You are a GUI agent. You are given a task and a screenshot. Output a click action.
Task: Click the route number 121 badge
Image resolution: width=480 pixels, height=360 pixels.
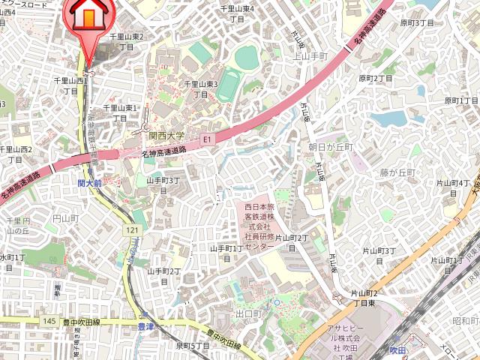point(133,229)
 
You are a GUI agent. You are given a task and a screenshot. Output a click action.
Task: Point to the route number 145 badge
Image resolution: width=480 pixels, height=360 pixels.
point(49,321)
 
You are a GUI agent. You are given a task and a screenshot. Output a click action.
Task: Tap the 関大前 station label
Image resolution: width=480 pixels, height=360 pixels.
point(89,182)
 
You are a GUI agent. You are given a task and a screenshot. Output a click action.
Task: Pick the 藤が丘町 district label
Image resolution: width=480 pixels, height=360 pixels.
point(397,172)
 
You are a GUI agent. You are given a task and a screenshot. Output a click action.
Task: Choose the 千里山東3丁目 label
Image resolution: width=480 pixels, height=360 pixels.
point(201,89)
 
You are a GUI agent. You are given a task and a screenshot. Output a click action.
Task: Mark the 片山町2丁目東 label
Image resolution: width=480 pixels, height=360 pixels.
point(364,298)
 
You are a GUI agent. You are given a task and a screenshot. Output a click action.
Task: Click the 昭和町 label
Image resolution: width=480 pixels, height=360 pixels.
point(465,321)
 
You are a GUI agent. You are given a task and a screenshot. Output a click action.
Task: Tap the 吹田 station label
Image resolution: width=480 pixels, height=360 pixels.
point(397,349)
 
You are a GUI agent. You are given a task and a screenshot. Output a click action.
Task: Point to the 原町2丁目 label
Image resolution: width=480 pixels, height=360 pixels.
point(376,78)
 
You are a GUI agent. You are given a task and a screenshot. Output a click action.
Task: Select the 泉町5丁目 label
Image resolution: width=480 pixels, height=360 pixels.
point(193,346)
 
